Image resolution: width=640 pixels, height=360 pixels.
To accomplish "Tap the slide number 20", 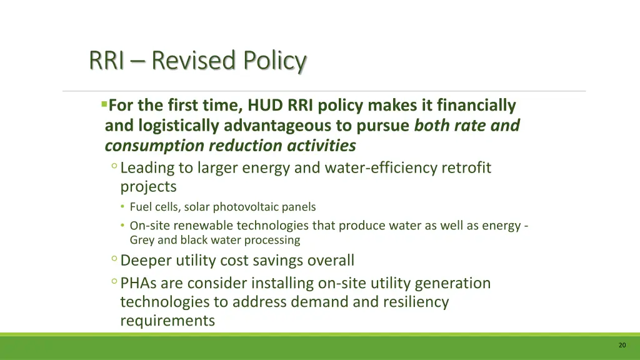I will [x=621, y=346].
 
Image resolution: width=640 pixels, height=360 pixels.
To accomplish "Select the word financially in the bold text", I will [x=476, y=106].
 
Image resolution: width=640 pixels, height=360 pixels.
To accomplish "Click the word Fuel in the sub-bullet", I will [x=140, y=207].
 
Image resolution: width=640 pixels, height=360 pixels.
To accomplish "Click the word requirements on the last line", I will [x=167, y=321].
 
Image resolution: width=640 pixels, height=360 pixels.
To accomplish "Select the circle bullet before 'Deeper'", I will [x=114, y=259].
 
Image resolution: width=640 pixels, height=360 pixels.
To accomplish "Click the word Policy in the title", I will [x=275, y=61].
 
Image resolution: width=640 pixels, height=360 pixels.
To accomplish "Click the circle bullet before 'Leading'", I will [x=114, y=166].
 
